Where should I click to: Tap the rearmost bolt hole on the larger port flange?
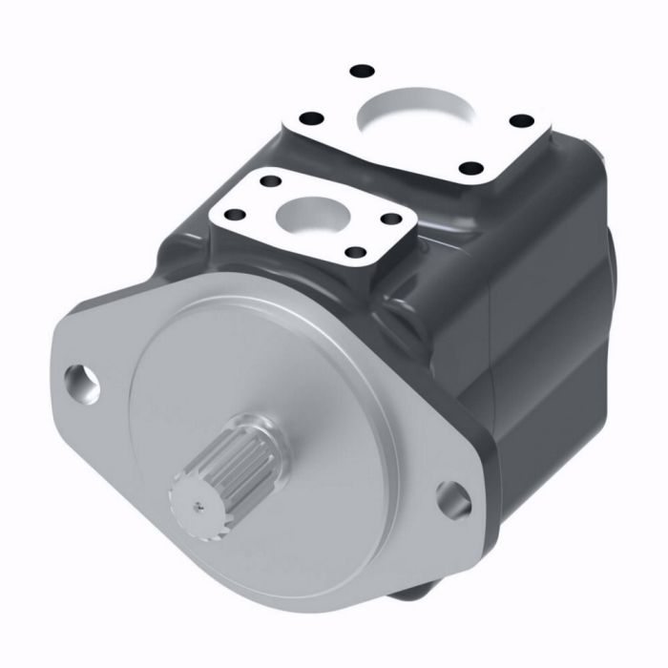pyautogui.click(x=361, y=71)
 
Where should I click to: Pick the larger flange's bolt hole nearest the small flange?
pyautogui.click(x=309, y=120)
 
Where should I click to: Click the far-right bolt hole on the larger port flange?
pyautogui.click(x=521, y=120)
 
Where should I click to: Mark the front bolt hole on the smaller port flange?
pyautogui.click(x=353, y=253)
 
